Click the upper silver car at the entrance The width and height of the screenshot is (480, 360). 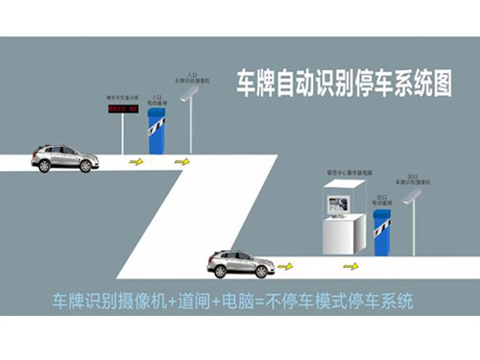pos(65,157)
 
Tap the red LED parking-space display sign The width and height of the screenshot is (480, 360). pos(121,109)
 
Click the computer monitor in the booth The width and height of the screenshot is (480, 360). pos(338,203)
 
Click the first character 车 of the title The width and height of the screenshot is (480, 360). pos(247,82)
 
